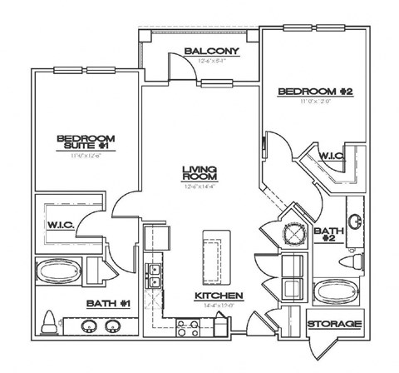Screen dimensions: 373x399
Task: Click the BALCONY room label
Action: tap(212, 51)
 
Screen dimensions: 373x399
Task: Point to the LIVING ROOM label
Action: tap(200, 172)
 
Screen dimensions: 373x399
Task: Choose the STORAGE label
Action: tap(334, 323)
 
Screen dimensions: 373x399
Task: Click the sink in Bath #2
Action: tap(355, 222)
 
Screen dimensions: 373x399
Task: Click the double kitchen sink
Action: tap(155, 276)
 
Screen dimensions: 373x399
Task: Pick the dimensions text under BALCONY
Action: tap(212, 61)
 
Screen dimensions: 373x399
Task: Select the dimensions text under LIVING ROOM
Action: tap(200, 186)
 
